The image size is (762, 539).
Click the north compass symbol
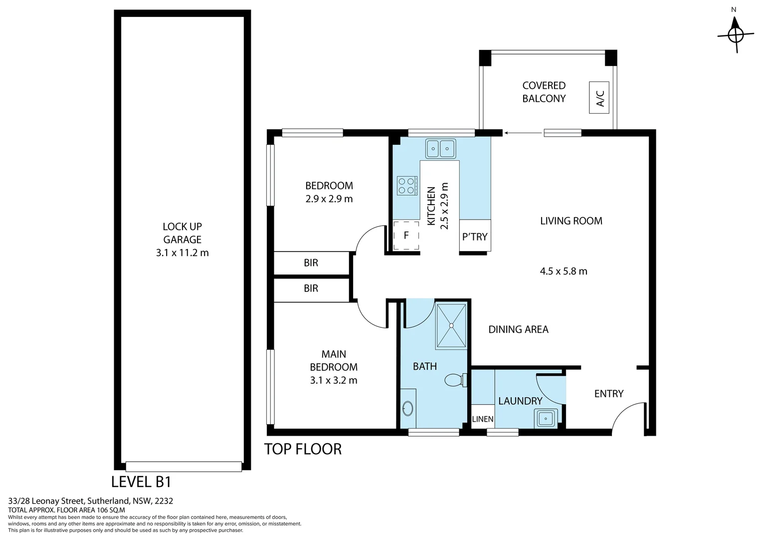pyautogui.click(x=736, y=34)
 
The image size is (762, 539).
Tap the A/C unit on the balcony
pyautogui.click(x=599, y=97)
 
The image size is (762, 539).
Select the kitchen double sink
pyautogui.click(x=440, y=148)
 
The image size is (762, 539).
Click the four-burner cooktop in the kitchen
pyautogui.click(x=406, y=186)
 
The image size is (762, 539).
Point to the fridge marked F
pyautogui.click(x=406, y=236)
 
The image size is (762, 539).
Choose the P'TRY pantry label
pyautogui.click(x=475, y=237)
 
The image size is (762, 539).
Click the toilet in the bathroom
pyautogui.click(x=454, y=380)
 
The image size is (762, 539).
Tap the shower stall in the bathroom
pyautogui.click(x=451, y=325)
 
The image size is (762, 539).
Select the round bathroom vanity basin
pyautogui.click(x=407, y=409)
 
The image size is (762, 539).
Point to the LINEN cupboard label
pyautogui.click(x=483, y=419)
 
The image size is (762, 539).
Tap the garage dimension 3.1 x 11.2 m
pyautogui.click(x=182, y=253)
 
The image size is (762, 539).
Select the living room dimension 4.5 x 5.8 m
pyautogui.click(x=564, y=271)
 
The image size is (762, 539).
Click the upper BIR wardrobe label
pyautogui.click(x=311, y=263)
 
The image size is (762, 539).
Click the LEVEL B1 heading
pyautogui.click(x=141, y=482)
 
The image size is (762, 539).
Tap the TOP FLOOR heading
pyautogui.click(x=303, y=449)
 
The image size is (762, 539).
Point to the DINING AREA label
pyautogui.click(x=518, y=329)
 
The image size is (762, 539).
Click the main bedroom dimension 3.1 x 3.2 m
pyautogui.click(x=334, y=380)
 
